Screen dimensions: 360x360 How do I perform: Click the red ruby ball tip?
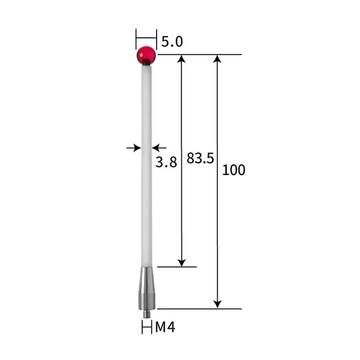146,55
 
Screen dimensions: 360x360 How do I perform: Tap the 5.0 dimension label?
172,41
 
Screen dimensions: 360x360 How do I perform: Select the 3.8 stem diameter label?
166,162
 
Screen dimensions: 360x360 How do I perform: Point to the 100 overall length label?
233,170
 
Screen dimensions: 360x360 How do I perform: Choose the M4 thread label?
165,327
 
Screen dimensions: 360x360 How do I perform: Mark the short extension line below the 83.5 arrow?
177,266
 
